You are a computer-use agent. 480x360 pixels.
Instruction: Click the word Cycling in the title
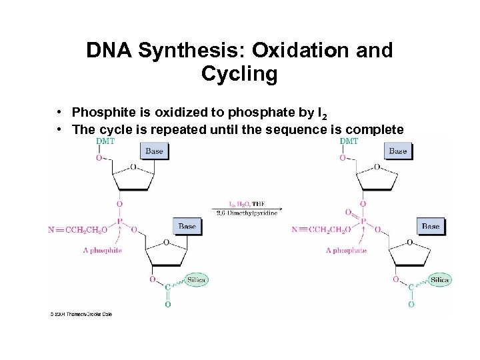(x=239, y=74)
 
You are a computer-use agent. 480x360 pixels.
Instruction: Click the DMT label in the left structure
(x=105, y=141)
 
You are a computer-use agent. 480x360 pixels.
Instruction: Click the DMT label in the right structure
(x=348, y=141)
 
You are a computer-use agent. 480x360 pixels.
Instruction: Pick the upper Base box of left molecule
(x=154, y=151)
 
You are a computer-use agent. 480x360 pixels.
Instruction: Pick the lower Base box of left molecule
(x=187, y=226)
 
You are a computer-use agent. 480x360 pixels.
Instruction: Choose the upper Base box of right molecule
(x=397, y=151)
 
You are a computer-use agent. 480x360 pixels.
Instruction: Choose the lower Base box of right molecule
(x=431, y=226)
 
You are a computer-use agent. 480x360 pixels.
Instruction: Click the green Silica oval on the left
(x=196, y=280)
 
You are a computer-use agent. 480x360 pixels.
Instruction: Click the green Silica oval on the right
(x=439, y=280)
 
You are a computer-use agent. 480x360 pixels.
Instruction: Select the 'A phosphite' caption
(x=103, y=251)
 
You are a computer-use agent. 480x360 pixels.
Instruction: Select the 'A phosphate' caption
(x=346, y=251)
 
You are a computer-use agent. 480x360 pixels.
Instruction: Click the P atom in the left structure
(x=119, y=221)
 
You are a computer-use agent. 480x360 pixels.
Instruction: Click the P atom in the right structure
(x=364, y=221)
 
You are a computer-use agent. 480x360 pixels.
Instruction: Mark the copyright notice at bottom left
(x=81, y=313)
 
